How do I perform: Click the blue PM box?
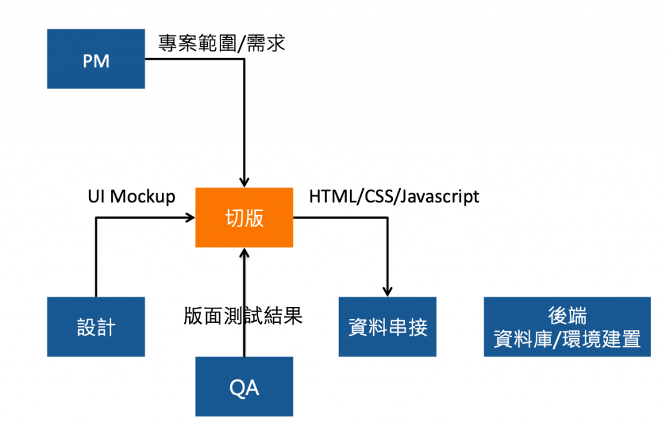[96, 59]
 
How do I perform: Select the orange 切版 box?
[244, 217]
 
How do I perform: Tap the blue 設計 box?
[96, 327]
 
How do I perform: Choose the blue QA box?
[244, 387]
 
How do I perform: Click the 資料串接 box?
[388, 327]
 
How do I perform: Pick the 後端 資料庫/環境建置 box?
[567, 327]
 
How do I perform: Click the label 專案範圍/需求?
[221, 44]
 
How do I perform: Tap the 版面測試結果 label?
[243, 316]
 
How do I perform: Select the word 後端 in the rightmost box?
[567, 316]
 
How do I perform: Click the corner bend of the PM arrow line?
[245, 59]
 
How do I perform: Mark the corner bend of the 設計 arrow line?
[96, 217]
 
